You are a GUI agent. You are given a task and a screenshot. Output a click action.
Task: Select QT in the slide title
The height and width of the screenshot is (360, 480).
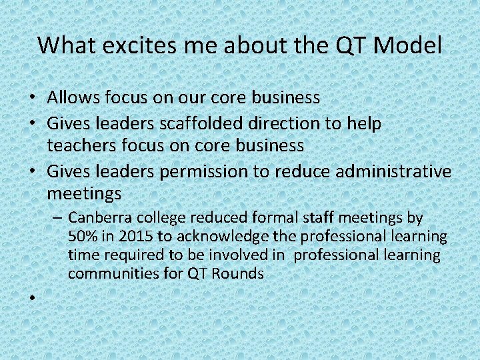pyautogui.click(x=349, y=45)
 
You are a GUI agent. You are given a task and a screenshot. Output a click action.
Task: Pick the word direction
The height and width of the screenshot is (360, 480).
pyautogui.click(x=305, y=124)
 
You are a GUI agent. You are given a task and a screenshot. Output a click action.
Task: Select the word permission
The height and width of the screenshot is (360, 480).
pyautogui.click(x=203, y=171)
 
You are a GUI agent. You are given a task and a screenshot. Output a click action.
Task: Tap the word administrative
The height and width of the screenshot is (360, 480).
pyautogui.click(x=393, y=171)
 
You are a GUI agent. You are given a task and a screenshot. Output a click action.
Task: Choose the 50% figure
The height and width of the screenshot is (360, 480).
pyautogui.click(x=83, y=237)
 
